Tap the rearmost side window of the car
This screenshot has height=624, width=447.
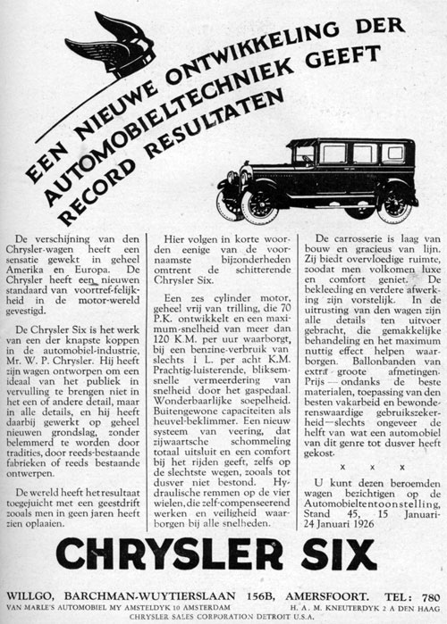[392, 154]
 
